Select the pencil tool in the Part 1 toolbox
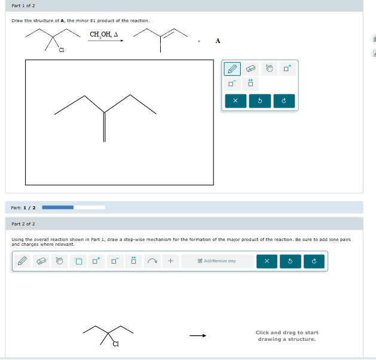(234, 69)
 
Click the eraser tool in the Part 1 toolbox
(252, 69)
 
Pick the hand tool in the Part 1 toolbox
(269, 69)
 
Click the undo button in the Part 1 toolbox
(260, 101)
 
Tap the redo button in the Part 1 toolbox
(284, 101)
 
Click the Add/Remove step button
(220, 261)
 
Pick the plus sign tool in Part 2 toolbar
(170, 261)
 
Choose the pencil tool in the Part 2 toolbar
(22, 261)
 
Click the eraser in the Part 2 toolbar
(41, 261)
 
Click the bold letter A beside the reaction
(218, 41)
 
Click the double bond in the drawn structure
(105, 127)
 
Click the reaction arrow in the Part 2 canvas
(198, 335)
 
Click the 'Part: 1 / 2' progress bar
(74, 208)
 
